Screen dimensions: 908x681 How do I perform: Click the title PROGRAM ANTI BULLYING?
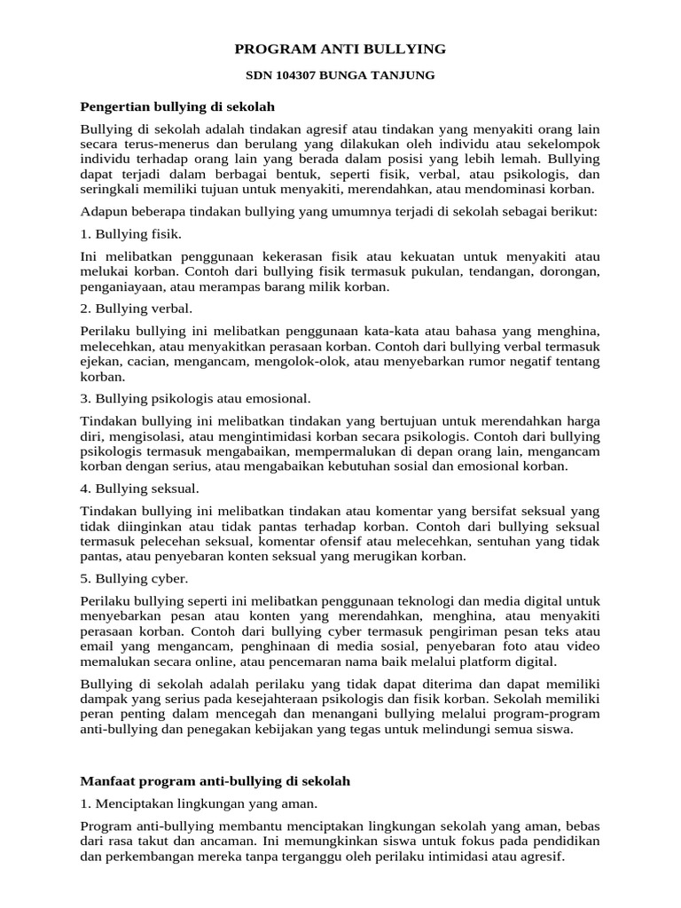[x=340, y=48]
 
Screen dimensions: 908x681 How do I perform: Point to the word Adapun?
[x=102, y=213]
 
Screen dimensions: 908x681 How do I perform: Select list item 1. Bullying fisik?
[x=130, y=234]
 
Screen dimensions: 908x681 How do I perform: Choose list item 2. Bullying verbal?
[x=136, y=309]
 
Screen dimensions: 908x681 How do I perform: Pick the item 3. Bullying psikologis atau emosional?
[x=195, y=399]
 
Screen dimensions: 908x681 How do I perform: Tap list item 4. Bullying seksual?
[x=139, y=489]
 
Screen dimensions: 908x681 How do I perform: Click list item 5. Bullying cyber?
[x=134, y=578]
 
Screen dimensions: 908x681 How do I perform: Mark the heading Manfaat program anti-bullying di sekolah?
[x=215, y=781]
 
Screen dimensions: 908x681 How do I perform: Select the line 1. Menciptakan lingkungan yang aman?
[x=199, y=803]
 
